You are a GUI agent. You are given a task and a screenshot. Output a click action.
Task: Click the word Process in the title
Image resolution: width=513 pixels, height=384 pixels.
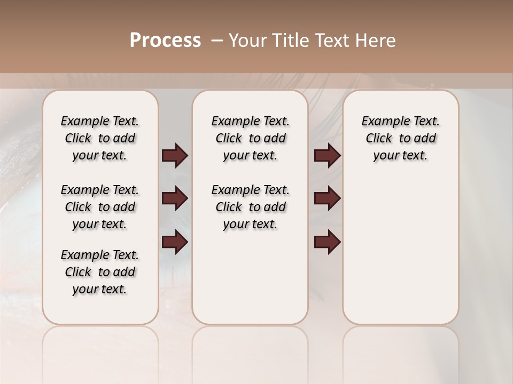pyautogui.click(x=165, y=41)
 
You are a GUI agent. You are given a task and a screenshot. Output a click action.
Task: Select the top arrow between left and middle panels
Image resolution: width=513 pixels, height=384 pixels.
pyautogui.click(x=175, y=156)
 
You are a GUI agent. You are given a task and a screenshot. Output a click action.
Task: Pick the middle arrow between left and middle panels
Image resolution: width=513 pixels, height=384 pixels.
pyautogui.click(x=175, y=198)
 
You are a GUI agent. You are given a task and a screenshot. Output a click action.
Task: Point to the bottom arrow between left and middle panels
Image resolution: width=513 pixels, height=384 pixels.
pyautogui.click(x=175, y=242)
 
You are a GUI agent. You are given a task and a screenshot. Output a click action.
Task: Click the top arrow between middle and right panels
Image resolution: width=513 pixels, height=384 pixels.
pyautogui.click(x=327, y=156)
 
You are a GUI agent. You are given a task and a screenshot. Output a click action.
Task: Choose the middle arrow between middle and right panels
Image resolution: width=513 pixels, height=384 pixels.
pyautogui.click(x=327, y=198)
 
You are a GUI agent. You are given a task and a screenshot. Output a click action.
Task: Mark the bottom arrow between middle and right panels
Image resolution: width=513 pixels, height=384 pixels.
pyautogui.click(x=327, y=242)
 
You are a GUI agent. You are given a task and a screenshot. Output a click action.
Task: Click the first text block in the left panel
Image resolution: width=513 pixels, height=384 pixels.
pyautogui.click(x=100, y=138)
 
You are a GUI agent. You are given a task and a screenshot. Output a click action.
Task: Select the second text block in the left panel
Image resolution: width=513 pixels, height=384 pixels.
pyautogui.click(x=100, y=207)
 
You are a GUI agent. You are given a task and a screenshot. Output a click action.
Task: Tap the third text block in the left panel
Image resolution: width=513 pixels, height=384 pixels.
pyautogui.click(x=100, y=272)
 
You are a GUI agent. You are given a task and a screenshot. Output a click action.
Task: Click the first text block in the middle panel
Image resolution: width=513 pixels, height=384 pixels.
pyautogui.click(x=250, y=138)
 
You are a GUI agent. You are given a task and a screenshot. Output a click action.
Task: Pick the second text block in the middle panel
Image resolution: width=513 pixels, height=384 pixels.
pyautogui.click(x=250, y=207)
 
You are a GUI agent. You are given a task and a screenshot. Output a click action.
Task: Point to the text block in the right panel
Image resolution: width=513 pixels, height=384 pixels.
pyautogui.click(x=400, y=138)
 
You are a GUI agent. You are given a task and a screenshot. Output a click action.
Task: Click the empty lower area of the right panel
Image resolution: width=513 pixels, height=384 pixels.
pyautogui.click(x=400, y=256)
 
